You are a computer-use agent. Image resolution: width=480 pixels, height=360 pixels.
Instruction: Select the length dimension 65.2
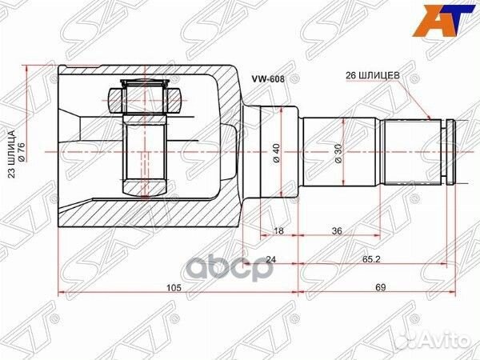370,259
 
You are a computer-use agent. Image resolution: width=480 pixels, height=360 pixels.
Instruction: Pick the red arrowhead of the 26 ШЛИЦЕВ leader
432,119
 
